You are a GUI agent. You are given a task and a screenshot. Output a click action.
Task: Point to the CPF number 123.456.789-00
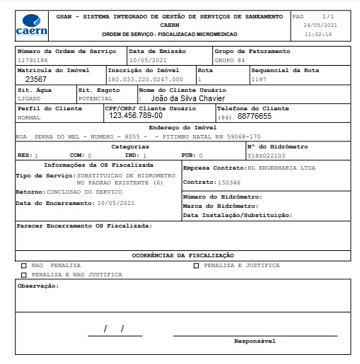[x=136, y=115]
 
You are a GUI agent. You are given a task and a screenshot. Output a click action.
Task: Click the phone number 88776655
[x=254, y=115]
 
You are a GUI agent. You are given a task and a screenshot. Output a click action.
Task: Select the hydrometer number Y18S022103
[x=267, y=155]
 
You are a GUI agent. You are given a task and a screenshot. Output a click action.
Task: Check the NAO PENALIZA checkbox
[x=24, y=266]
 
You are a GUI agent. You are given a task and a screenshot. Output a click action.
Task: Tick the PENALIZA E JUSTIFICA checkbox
[x=196, y=266]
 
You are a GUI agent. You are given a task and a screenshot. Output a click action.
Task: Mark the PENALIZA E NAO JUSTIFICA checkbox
[x=24, y=274]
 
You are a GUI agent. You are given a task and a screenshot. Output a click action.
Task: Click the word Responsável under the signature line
[x=255, y=341]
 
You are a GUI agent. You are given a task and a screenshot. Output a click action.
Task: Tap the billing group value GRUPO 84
[x=230, y=61]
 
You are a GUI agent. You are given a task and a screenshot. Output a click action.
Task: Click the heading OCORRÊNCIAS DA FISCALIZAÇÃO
[x=182, y=254]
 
